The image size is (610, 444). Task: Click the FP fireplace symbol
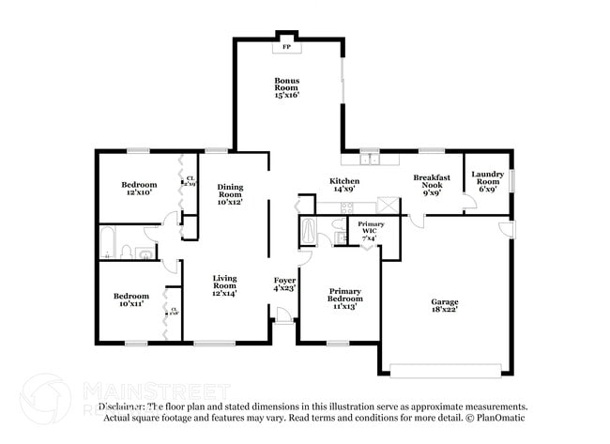tap(287, 45)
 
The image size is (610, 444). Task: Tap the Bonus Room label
tap(286, 87)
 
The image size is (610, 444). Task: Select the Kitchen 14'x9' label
tap(343, 185)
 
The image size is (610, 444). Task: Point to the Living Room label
tap(224, 285)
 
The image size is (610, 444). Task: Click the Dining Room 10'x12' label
tap(230, 195)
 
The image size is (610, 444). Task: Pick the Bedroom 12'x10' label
tap(139, 190)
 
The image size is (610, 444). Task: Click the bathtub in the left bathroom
tap(107, 242)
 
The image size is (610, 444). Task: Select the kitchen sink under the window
tap(371, 160)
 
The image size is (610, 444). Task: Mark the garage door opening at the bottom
tap(450, 366)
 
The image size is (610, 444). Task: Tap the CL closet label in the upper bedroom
tap(190, 181)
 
